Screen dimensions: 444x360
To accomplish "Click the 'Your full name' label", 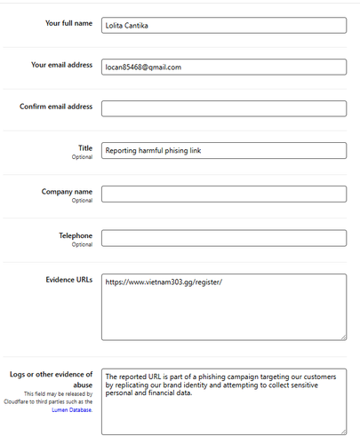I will [x=68, y=23].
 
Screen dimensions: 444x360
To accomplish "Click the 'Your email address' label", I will [x=61, y=65].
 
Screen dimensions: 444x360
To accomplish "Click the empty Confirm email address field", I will [x=223, y=108].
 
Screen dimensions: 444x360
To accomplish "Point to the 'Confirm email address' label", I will [x=56, y=107].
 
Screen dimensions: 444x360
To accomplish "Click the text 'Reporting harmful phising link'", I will [x=154, y=151].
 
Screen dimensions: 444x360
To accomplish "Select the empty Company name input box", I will [x=223, y=194].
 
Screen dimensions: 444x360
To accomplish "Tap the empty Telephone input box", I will [x=223, y=237].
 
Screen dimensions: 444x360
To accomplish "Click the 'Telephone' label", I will [x=75, y=234].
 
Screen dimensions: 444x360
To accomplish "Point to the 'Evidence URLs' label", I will [x=68, y=280].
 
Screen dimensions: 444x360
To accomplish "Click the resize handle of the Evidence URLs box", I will [x=342, y=336].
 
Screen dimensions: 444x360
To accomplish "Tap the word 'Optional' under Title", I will [x=82, y=156].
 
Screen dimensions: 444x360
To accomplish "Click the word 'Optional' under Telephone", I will [x=82, y=243].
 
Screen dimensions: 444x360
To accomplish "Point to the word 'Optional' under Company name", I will [x=82, y=200].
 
